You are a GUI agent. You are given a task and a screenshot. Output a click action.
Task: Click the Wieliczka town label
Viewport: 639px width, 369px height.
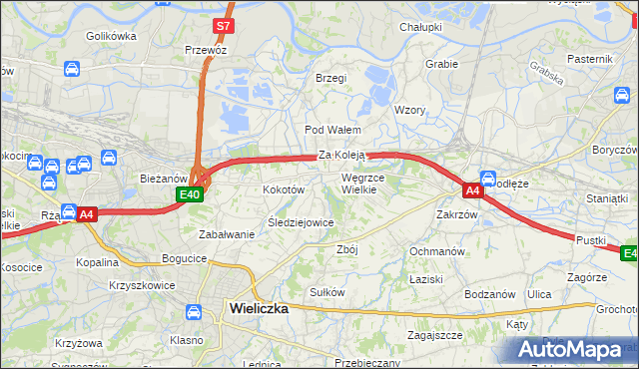click(259, 308)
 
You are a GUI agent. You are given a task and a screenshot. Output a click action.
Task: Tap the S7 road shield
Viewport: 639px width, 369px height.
click(225, 25)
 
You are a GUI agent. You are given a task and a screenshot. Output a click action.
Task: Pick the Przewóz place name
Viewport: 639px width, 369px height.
click(206, 49)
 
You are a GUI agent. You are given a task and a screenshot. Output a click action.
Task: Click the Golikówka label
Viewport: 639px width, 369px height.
click(111, 35)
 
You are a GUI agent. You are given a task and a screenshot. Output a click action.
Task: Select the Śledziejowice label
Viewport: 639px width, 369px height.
click(301, 222)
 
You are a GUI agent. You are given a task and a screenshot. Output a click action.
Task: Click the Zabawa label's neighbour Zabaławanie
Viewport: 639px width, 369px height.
click(227, 234)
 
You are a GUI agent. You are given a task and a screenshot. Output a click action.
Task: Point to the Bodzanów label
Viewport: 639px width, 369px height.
click(489, 294)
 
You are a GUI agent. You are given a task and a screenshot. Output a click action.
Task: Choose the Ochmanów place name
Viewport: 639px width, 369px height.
click(437, 251)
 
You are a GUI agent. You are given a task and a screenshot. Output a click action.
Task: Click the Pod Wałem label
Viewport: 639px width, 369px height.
click(332, 130)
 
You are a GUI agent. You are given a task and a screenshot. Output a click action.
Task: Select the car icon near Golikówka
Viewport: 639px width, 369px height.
click(72, 69)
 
